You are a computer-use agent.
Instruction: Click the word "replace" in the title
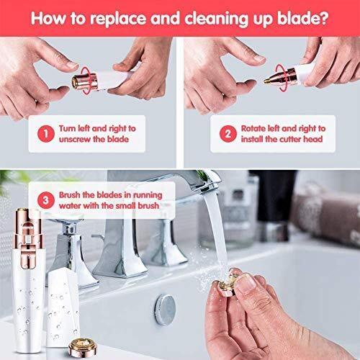coord(118,19)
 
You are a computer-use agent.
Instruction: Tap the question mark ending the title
coord(324,17)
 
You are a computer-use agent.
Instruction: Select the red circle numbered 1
coord(46,134)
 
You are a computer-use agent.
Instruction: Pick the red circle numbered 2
coord(228,134)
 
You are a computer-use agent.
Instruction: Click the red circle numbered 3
coord(46,200)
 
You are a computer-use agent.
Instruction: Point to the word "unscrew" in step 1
coord(75,140)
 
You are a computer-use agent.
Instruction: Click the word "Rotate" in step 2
coord(253,128)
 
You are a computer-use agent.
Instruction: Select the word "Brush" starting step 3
coord(69,195)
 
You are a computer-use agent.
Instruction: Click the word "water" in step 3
coord(70,206)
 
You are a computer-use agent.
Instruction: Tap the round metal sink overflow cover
coord(165,310)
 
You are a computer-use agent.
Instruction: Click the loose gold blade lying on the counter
coord(83,346)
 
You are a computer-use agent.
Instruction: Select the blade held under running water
coord(228,283)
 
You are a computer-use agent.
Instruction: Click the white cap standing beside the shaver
coord(63,308)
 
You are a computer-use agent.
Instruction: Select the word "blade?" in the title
coord(303,17)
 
